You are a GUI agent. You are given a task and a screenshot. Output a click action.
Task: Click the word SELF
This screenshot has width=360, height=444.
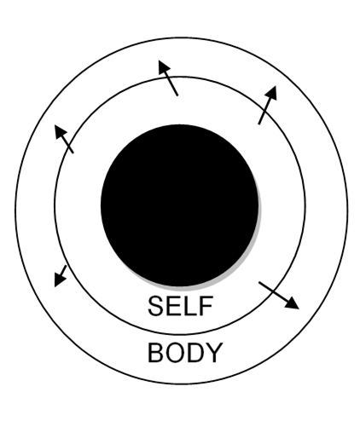[x=181, y=306]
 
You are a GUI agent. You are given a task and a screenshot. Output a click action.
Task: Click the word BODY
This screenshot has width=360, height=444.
[x=185, y=352]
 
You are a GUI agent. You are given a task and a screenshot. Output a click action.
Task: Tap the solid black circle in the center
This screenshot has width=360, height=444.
[x=180, y=205]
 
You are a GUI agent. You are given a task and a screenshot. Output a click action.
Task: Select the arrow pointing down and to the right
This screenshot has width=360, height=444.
[x=279, y=296]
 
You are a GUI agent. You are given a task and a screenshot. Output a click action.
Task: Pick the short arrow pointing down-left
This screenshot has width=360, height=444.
[x=61, y=276]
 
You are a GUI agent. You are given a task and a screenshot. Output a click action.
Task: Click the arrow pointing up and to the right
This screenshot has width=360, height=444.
[x=268, y=105]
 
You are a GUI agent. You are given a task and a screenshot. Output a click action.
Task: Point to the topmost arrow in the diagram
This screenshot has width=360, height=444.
[x=168, y=78]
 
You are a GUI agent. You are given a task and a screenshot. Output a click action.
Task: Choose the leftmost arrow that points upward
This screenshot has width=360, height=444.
[x=64, y=139]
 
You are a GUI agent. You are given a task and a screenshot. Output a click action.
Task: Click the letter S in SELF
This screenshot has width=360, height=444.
[x=156, y=306]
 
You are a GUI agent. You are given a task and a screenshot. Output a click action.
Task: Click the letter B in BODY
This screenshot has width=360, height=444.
[x=155, y=352]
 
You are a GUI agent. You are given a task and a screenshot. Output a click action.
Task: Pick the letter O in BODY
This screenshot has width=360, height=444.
[x=176, y=352]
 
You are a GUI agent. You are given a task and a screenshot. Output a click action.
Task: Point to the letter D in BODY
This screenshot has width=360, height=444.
[x=197, y=352]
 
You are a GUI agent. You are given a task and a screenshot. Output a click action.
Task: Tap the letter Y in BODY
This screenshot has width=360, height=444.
[x=214, y=352]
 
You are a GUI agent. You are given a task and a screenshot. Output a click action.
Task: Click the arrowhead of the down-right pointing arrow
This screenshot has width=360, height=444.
[x=293, y=304]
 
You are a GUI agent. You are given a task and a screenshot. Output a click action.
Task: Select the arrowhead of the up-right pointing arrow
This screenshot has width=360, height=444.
[x=272, y=92]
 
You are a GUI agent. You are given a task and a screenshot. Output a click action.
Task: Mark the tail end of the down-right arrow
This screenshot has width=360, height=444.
[x=259, y=282]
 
